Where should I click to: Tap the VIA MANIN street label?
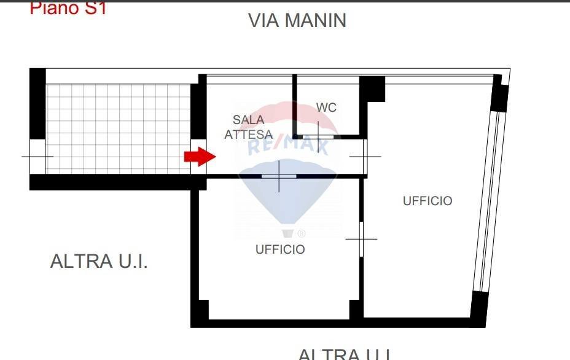point(297,20)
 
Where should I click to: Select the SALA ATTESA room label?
point(248,127)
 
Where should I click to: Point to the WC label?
point(326,108)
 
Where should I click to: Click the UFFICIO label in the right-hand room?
point(427,201)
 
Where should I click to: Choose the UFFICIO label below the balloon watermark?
point(280,249)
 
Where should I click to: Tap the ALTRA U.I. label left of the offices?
point(99,261)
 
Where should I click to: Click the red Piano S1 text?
point(68,9)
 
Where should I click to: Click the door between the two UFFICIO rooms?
point(361,238)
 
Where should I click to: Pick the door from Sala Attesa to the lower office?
point(279,176)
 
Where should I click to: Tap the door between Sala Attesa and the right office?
point(365,156)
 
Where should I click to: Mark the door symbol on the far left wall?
point(37,156)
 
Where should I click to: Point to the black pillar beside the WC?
point(372,89)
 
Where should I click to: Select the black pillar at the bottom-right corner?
point(479,308)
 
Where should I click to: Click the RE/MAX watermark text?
point(288,146)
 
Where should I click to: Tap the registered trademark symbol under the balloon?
point(301,233)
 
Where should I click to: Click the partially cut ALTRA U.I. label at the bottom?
point(345,354)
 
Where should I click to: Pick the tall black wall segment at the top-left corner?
point(37,103)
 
